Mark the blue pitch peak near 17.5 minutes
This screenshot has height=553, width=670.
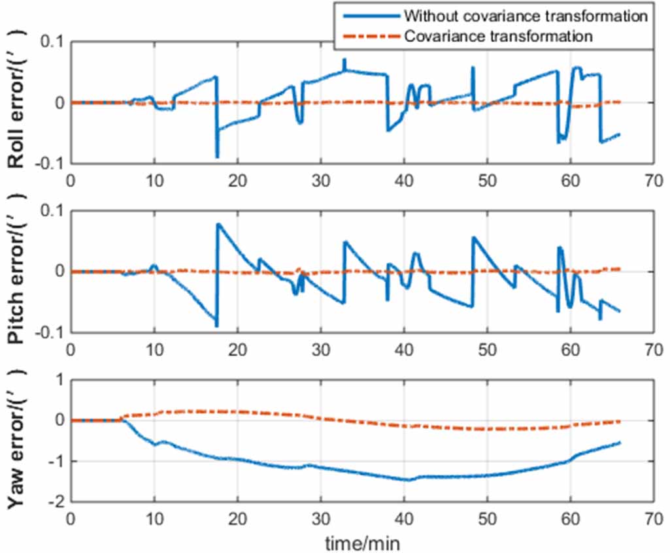tap(218, 225)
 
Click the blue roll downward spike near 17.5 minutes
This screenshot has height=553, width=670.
tap(217, 156)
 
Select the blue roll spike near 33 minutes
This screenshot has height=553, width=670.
tap(344, 60)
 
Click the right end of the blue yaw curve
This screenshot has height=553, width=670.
tap(620, 443)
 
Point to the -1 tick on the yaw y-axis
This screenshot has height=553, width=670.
tap(58, 462)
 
